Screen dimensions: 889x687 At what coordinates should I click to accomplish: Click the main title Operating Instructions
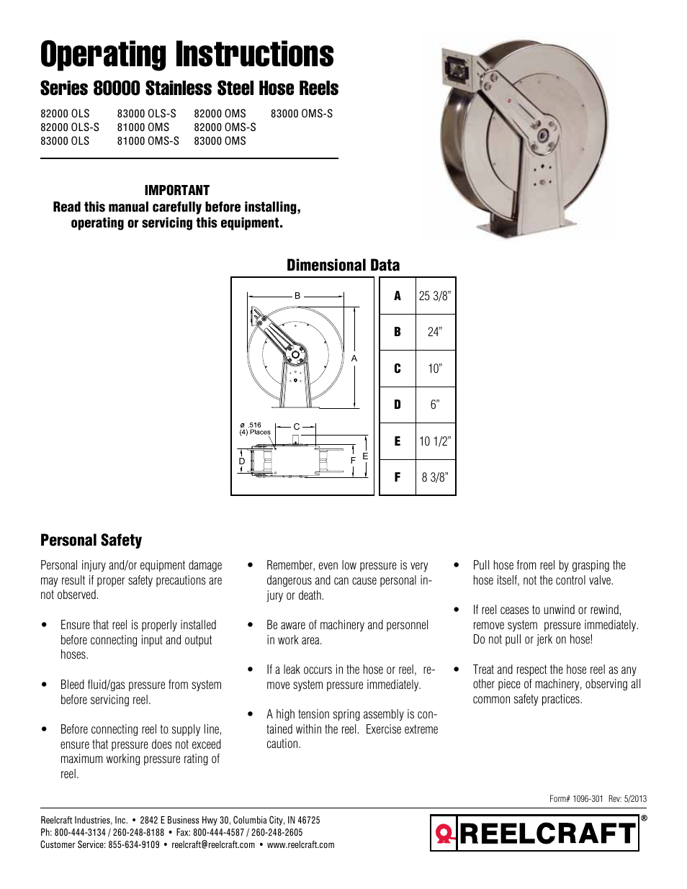tap(187, 55)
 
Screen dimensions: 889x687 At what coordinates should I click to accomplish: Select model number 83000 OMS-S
tap(301, 114)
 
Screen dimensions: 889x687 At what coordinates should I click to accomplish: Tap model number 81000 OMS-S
tap(148, 141)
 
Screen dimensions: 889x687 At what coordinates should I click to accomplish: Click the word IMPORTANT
tap(176, 190)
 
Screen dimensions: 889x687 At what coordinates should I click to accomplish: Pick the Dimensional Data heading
tap(343, 265)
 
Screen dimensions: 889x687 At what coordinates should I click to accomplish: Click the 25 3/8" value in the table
tap(435, 296)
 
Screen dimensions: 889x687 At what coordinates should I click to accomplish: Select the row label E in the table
tap(398, 441)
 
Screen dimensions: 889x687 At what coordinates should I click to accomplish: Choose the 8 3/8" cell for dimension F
tap(435, 477)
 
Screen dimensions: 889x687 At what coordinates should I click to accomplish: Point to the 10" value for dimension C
tap(435, 369)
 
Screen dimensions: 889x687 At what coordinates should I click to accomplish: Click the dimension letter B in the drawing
tap(297, 295)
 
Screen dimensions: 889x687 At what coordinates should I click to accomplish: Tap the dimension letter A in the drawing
tap(354, 358)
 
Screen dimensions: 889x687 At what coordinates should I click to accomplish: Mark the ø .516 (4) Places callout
tap(254, 429)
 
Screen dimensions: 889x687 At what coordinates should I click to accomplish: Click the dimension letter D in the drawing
tap(242, 461)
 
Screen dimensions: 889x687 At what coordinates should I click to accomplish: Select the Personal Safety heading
tap(91, 540)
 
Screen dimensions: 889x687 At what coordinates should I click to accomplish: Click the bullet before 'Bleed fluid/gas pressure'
tap(45, 685)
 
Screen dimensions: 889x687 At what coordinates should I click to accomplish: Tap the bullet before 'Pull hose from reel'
tap(457, 565)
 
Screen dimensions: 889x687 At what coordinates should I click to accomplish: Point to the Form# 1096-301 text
tap(576, 798)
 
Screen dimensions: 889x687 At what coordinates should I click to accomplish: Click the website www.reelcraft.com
tap(300, 845)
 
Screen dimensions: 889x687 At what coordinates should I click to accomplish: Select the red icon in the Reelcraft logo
tap(445, 834)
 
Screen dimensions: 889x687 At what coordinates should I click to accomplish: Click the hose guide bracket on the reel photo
tap(456, 69)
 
